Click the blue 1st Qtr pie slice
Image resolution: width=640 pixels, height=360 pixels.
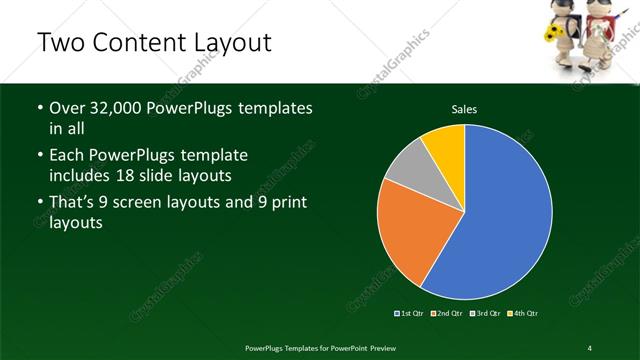[x=500, y=215]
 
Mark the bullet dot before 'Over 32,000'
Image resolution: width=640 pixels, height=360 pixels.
[x=39, y=108]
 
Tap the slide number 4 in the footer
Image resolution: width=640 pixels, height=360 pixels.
[x=590, y=347]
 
